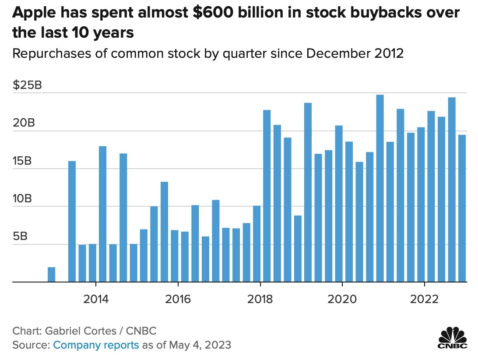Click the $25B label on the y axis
tap(27, 85)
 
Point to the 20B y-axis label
tap(24, 123)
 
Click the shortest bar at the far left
tap(52, 275)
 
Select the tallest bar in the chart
tap(380, 188)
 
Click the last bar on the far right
tap(462, 208)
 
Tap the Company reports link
tap(96, 345)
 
